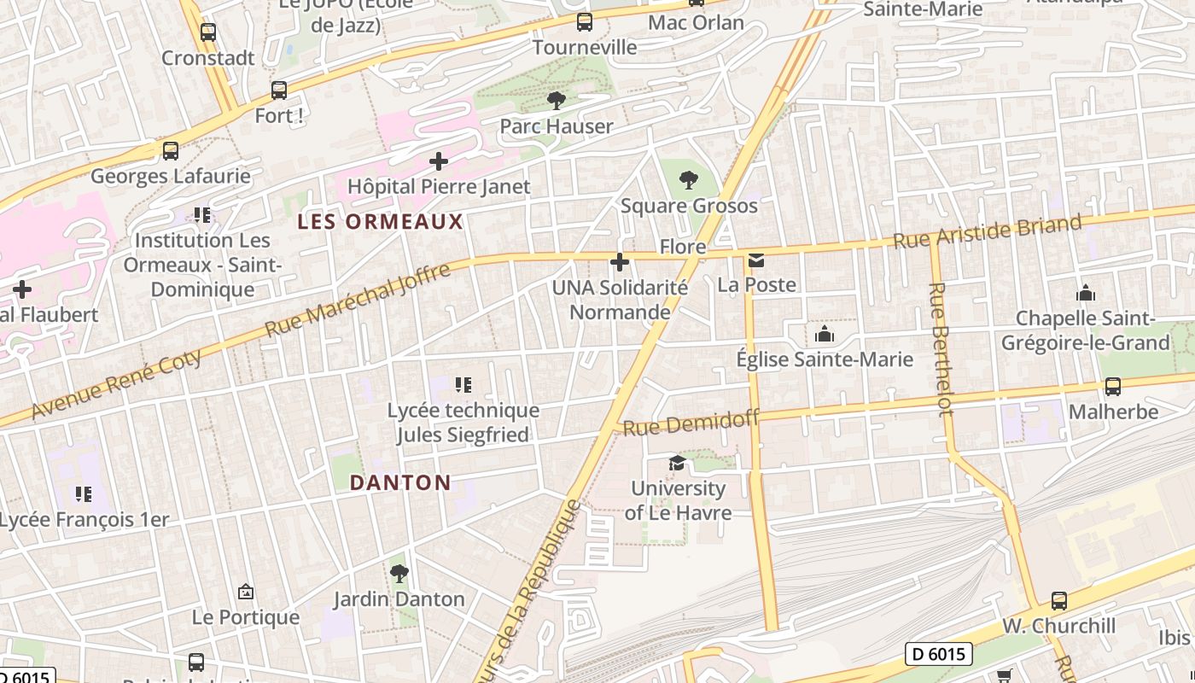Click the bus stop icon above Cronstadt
tap(208, 32)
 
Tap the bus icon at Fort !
tap(279, 90)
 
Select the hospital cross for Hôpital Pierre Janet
tap(439, 161)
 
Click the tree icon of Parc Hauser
tap(557, 101)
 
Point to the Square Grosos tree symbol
tap(688, 180)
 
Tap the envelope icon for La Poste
tap(756, 260)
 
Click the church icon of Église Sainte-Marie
tap(825, 334)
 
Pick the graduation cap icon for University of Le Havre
tap(677, 463)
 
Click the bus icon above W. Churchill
tap(1059, 600)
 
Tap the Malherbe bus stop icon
tap(1113, 386)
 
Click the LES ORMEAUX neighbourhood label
tap(380, 222)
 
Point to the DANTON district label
tap(400, 482)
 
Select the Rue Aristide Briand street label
tap(988, 231)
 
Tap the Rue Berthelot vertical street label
tap(941, 349)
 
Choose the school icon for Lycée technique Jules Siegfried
tap(463, 385)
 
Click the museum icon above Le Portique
tap(246, 592)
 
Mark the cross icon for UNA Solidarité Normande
tap(620, 261)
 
